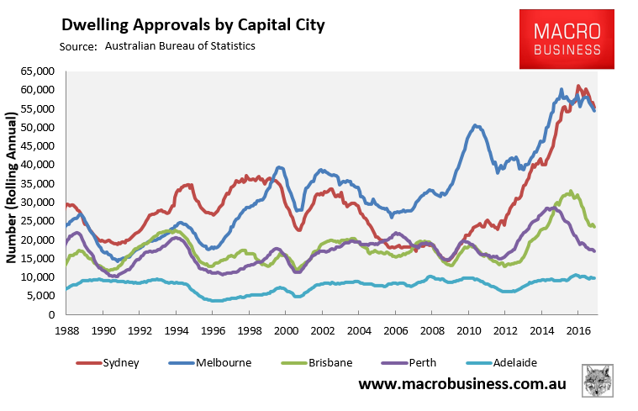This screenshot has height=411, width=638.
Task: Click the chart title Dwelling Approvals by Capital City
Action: [x=192, y=25]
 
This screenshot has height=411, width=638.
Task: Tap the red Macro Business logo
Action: [x=568, y=40]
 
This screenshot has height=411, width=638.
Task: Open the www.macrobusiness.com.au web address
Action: [x=462, y=384]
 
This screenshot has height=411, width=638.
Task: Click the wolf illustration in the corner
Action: [x=598, y=382]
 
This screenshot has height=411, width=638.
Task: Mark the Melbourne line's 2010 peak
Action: [x=476, y=125]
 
